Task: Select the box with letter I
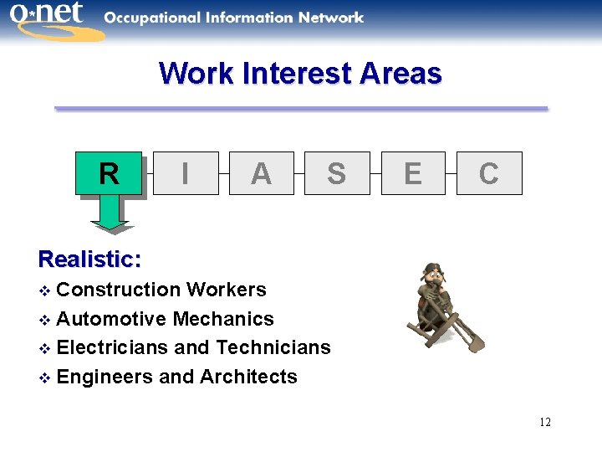186,173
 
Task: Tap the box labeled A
261,173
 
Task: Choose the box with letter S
336,173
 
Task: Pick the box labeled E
413,173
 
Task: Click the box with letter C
489,173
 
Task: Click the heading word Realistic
89,259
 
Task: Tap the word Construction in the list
119,290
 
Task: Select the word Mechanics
223,319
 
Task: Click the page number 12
545,422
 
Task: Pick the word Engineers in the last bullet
105,377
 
